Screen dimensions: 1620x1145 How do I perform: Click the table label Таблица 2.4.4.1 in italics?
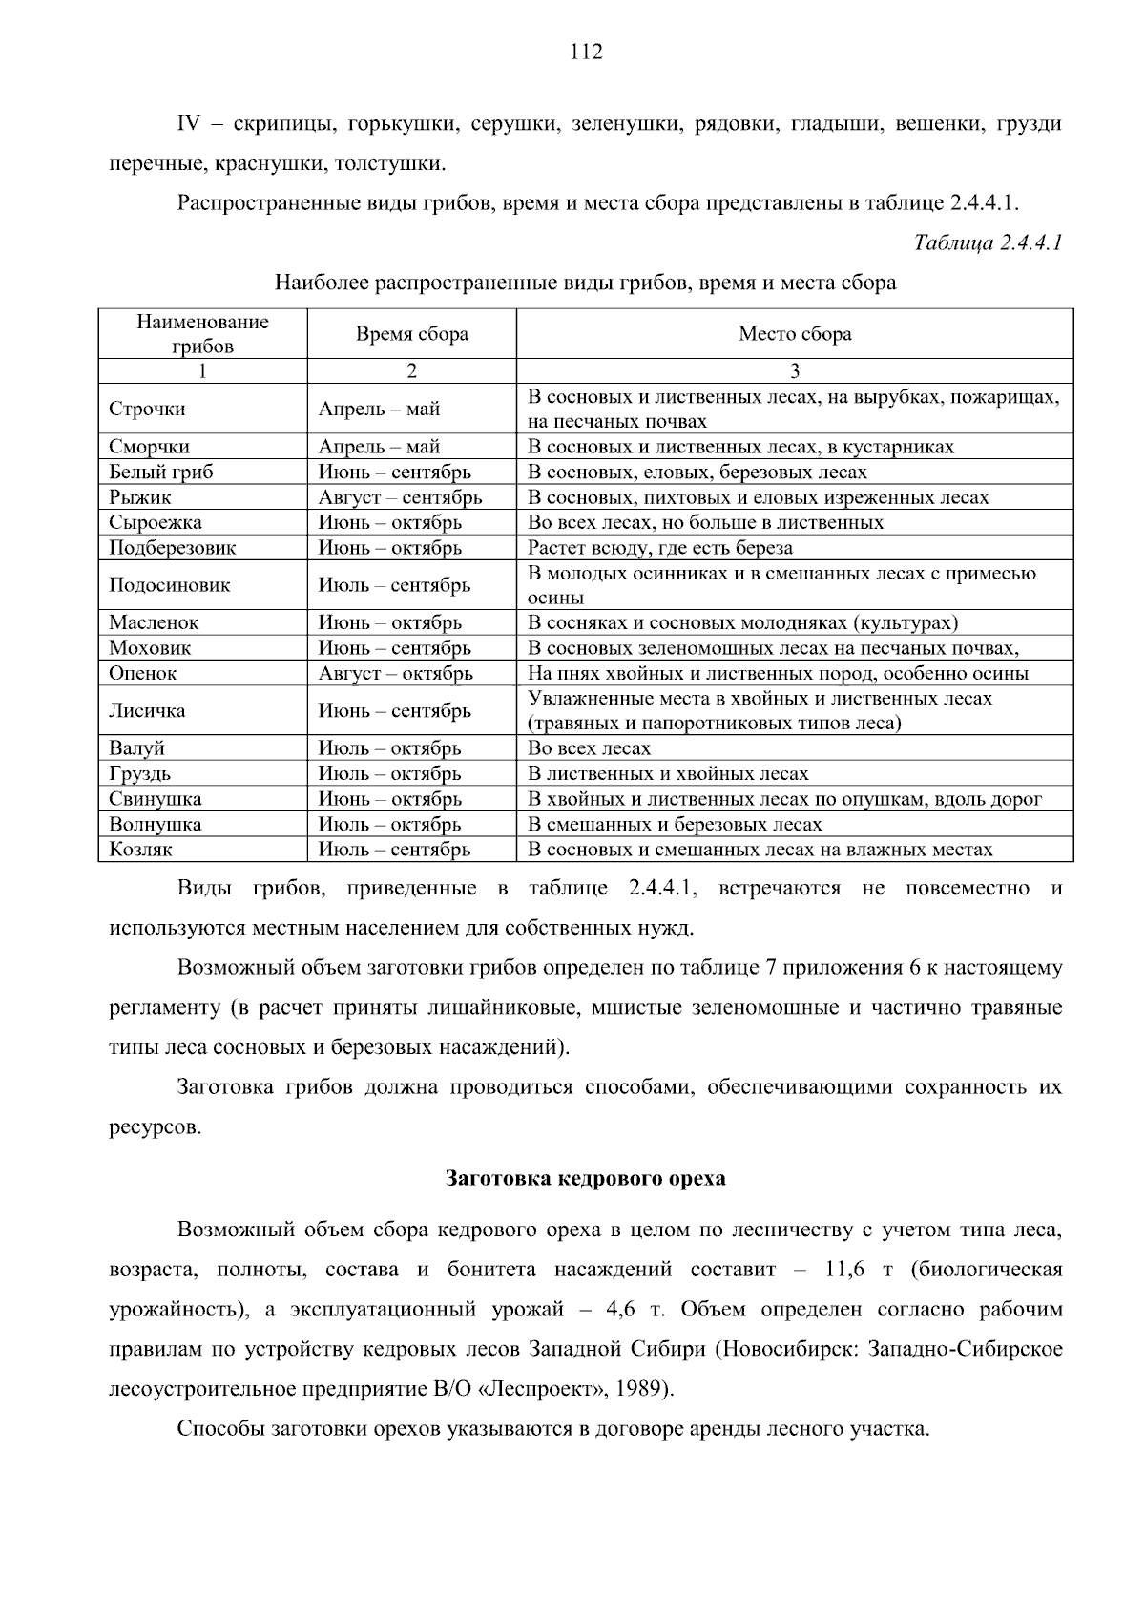pyautogui.click(x=988, y=242)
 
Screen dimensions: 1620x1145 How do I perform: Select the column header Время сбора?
pyautogui.click(x=412, y=334)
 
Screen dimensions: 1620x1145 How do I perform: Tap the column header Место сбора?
pyautogui.click(x=795, y=334)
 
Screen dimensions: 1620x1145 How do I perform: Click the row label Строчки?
pyautogui.click(x=147, y=410)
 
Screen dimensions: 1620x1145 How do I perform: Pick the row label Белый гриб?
pyautogui.click(x=160, y=473)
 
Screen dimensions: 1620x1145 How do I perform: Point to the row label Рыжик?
pyautogui.click(x=139, y=497)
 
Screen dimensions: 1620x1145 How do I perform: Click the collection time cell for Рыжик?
pyautogui.click(x=400, y=497)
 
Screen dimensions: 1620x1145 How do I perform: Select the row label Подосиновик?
pyautogui.click(x=169, y=585)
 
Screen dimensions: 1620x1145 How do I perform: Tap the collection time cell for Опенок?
pyautogui.click(x=395, y=673)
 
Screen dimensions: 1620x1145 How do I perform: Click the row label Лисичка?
pyautogui.click(x=147, y=711)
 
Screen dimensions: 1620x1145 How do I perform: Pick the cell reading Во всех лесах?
pyautogui.click(x=589, y=748)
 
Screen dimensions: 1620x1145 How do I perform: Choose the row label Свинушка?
pyautogui.click(x=155, y=799)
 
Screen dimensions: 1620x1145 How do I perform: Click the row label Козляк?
pyautogui.click(x=140, y=850)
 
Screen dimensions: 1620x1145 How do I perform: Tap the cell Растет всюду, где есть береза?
pyautogui.click(x=660, y=548)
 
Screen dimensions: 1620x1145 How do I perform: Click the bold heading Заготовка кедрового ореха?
pyautogui.click(x=585, y=1178)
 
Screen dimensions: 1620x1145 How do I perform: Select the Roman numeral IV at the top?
pyautogui.click(x=189, y=124)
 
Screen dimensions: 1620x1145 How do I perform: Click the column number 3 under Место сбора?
pyautogui.click(x=795, y=371)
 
